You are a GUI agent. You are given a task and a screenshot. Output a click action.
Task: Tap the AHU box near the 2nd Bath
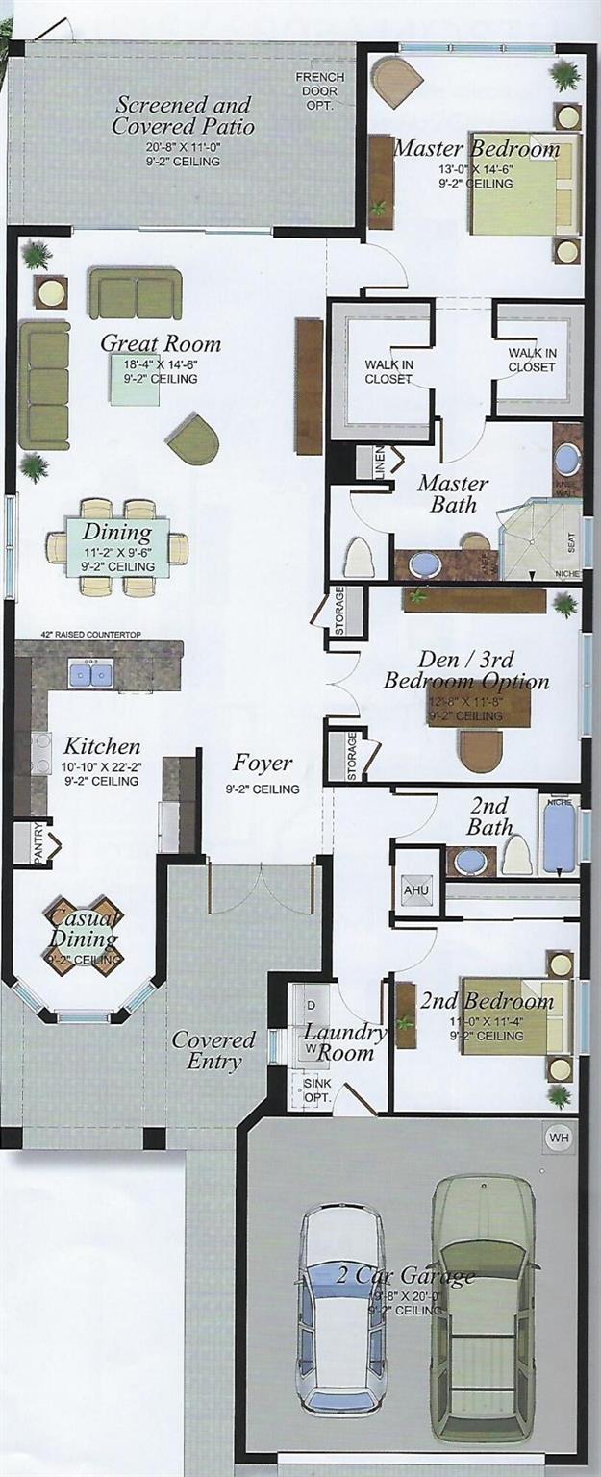415,889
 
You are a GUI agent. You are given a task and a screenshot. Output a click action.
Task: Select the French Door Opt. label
313,90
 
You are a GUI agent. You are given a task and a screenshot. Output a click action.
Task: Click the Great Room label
161,344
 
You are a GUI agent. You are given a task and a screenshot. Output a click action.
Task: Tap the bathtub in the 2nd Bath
559,836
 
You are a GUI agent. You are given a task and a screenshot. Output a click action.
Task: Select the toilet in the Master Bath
359,559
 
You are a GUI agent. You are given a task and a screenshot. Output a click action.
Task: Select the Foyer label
263,764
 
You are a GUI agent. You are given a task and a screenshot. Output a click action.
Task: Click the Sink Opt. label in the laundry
312,1088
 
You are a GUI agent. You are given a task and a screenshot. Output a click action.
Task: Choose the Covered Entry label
213,1050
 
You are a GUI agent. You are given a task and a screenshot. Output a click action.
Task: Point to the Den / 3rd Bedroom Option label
466,670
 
